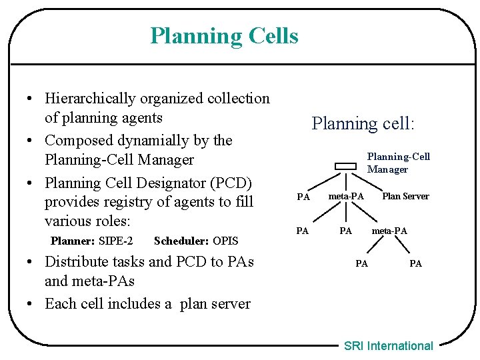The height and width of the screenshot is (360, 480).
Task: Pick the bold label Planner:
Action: (73, 241)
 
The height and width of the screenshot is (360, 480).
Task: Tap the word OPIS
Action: (225, 241)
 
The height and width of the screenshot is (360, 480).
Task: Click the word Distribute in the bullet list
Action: (77, 261)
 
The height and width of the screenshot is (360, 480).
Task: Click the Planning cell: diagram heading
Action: (363, 123)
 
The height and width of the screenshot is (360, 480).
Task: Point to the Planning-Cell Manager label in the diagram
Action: (399, 163)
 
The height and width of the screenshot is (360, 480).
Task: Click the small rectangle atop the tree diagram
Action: (346, 167)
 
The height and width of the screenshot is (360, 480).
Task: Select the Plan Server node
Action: (405, 197)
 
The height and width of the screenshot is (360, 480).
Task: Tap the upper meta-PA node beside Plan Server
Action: (346, 197)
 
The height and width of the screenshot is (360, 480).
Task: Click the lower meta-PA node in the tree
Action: (389, 231)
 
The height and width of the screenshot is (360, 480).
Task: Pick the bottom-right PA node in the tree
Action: (415, 263)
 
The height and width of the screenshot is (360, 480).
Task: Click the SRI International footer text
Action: (388, 345)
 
